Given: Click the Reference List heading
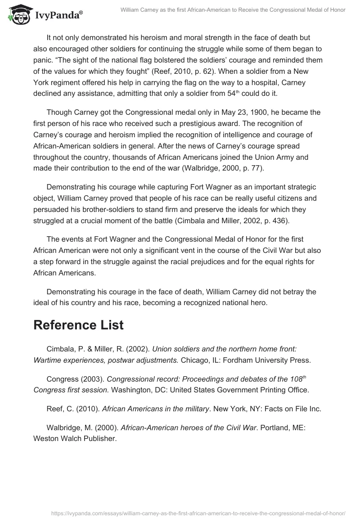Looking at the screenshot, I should pos(78,325).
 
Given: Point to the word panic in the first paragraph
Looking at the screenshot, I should pos(44,60).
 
